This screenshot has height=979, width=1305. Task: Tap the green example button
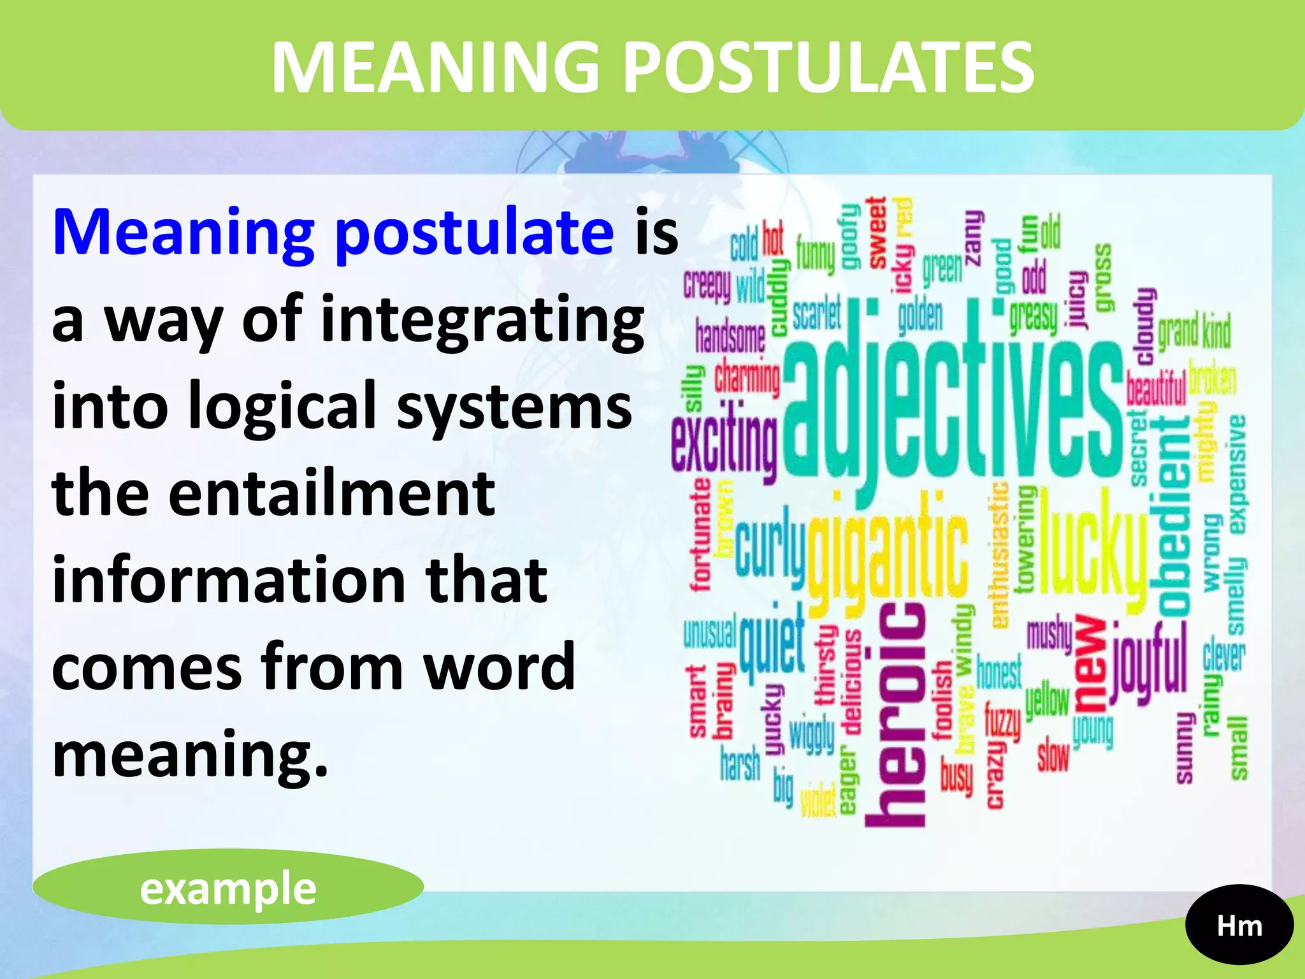[x=228, y=888]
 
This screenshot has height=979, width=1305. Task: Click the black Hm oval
[x=1239, y=926]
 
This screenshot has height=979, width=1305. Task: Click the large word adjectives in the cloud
[x=953, y=408]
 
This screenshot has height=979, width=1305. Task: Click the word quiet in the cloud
[x=772, y=644]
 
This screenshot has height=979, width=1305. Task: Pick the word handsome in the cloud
[x=730, y=336]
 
